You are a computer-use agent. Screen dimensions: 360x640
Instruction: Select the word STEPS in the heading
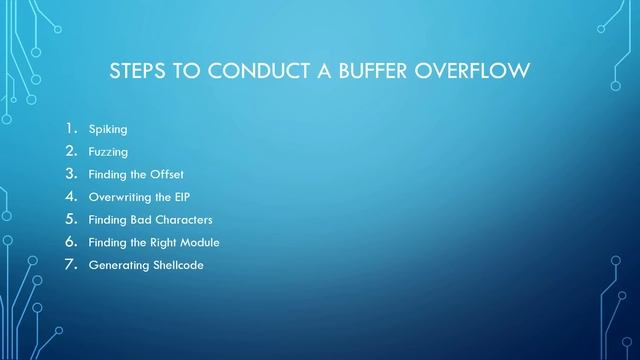[135, 73]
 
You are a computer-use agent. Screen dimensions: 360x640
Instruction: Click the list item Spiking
[108, 129]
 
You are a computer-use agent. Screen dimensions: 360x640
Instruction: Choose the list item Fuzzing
[108, 152]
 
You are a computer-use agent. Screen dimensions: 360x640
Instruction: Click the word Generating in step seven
[116, 265]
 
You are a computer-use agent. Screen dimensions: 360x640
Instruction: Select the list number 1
[71, 128]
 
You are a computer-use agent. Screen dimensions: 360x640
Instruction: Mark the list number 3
[71, 174]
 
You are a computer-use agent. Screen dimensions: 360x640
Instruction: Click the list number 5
[71, 219]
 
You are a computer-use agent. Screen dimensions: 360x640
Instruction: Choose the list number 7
[71, 264]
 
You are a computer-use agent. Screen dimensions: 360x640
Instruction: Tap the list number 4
[71, 196]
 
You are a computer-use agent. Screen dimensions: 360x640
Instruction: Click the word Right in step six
[160, 242]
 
